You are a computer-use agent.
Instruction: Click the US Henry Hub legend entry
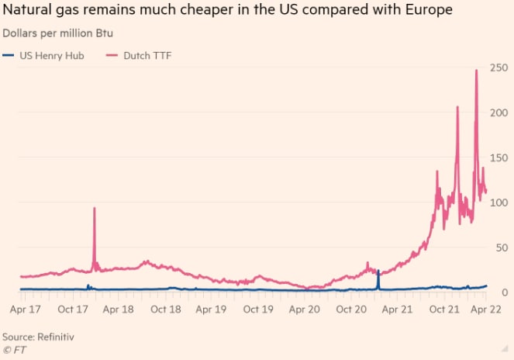[44, 56]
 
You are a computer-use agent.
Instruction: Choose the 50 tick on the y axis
[501, 247]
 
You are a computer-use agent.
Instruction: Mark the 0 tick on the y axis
[504, 292]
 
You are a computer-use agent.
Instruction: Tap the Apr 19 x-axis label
[212, 309]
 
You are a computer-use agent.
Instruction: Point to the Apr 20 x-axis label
[305, 309]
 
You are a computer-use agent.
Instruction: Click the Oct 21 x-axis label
[443, 309]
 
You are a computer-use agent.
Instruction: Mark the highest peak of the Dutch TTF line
[476, 71]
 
